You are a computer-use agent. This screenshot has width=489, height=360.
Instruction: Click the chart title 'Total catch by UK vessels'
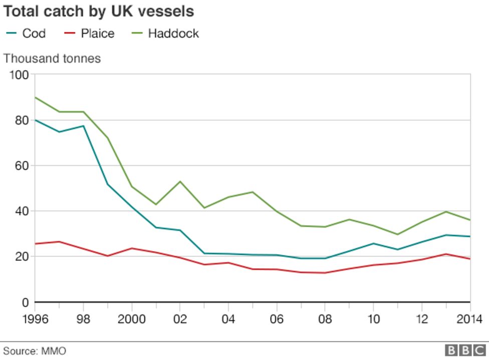click(99, 11)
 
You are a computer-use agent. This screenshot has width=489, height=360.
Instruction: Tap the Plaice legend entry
click(90, 34)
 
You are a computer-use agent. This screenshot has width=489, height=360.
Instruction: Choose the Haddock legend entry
click(166, 34)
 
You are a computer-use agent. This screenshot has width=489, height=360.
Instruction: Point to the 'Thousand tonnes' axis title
click(52, 59)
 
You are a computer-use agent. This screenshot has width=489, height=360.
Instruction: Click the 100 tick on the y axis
click(20, 75)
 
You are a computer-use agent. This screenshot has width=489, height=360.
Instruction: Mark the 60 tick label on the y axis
click(22, 166)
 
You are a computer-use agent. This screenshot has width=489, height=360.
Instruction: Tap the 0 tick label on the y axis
click(26, 302)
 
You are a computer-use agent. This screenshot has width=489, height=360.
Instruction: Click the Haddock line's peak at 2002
click(180, 181)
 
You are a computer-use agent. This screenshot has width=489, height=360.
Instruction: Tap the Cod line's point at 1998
click(83, 126)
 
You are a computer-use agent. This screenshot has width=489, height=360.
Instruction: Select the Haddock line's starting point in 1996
click(35, 97)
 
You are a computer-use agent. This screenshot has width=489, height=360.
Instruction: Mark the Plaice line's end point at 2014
click(470, 259)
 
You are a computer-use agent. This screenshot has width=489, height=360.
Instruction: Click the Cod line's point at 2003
click(204, 253)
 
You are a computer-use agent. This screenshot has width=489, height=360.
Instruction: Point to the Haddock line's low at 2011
click(397, 234)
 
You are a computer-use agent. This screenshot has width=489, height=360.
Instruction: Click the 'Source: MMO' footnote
click(35, 351)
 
